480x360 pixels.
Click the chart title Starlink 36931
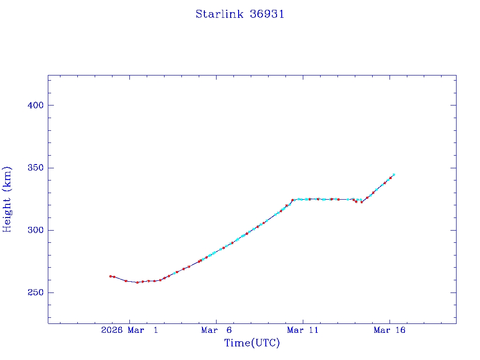click(x=240, y=15)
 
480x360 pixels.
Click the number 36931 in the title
click(x=267, y=15)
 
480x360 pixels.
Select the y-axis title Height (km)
click(x=7, y=199)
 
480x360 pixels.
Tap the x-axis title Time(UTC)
click(x=252, y=344)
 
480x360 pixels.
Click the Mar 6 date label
click(x=216, y=330)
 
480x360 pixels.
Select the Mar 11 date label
click(x=303, y=330)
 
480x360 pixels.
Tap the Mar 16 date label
click(x=390, y=330)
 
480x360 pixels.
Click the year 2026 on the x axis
click(x=112, y=330)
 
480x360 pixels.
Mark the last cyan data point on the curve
click(x=394, y=174)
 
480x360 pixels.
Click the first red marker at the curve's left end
click(x=110, y=276)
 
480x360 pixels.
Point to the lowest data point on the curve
click(x=137, y=282)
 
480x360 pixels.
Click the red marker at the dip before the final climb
click(x=361, y=202)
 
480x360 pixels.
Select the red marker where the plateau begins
click(x=292, y=200)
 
